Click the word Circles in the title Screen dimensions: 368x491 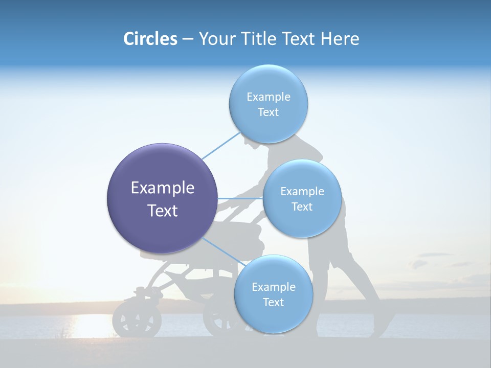pyautogui.click(x=150, y=39)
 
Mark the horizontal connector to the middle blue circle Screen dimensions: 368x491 pyautogui.click(x=240, y=198)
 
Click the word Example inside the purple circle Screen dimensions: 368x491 pyautogui.click(x=163, y=188)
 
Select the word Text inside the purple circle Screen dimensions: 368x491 pyautogui.click(x=163, y=211)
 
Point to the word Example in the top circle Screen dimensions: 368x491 pyautogui.click(x=268, y=97)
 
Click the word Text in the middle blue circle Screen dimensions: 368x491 pyautogui.click(x=302, y=207)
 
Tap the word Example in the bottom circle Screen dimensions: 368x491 pyautogui.click(x=273, y=287)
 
